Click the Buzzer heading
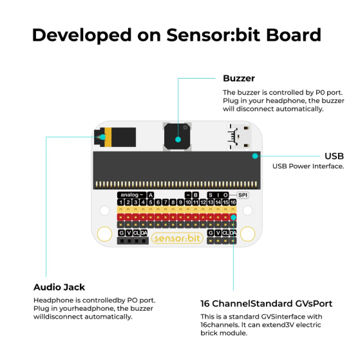tap(239, 78)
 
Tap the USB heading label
tap(334, 156)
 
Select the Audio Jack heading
tap(59, 287)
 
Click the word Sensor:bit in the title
tap(213, 35)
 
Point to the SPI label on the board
tap(243, 195)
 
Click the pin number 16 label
tap(232, 202)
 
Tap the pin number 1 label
tap(120, 202)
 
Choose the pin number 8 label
tap(173, 202)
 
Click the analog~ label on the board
tap(131, 195)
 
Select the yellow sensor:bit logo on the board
tap(177, 239)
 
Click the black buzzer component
tap(177, 137)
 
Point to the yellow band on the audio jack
tap(108, 137)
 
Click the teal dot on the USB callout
tap(255, 156)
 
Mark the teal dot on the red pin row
tap(233, 217)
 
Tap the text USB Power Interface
tap(308, 166)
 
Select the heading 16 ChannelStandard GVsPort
tap(266, 304)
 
